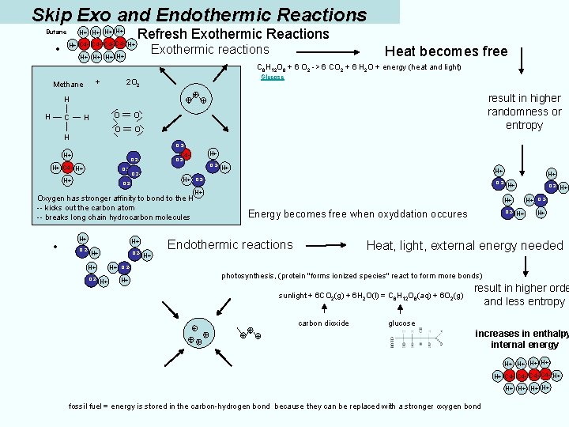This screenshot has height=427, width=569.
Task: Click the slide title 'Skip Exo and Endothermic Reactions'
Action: [x=199, y=14]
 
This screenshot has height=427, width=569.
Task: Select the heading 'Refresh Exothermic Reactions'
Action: [x=233, y=34]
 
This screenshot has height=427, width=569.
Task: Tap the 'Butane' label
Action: [x=56, y=32]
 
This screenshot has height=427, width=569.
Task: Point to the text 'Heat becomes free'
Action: [x=446, y=51]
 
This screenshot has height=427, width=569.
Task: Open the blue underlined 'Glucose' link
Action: [x=273, y=77]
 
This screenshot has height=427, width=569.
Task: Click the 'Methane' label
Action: [x=68, y=85]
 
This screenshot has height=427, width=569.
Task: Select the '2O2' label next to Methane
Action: [x=133, y=83]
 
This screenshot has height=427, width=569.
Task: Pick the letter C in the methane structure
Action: [x=67, y=118]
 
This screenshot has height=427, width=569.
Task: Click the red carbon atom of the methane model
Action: [x=67, y=168]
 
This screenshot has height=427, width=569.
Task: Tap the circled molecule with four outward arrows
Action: [x=195, y=98]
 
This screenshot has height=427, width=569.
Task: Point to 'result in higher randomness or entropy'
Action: [x=524, y=111]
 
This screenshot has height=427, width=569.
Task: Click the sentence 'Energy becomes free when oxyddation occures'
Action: [x=357, y=213]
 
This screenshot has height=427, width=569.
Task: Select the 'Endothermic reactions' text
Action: [x=230, y=245]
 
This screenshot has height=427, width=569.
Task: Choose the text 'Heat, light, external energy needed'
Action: [x=465, y=246]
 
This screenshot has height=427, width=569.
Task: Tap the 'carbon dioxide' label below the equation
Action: [x=323, y=323]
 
